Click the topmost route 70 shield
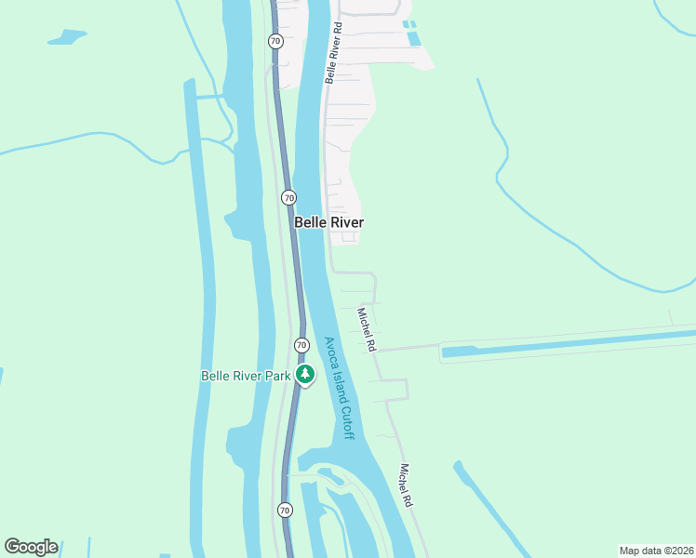pyautogui.click(x=275, y=41)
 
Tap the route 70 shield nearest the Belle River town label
pyautogui.click(x=288, y=197)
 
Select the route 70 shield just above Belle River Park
pyautogui.click(x=301, y=345)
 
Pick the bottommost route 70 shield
pyautogui.click(x=285, y=510)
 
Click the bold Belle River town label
pyautogui.click(x=328, y=222)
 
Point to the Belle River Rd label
pyautogui.click(x=334, y=53)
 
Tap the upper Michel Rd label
pyautogui.click(x=367, y=329)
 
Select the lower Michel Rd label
pyautogui.click(x=406, y=485)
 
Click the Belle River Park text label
pyautogui.click(x=246, y=376)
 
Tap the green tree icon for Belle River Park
pyautogui.click(x=305, y=375)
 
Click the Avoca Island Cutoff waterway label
pyautogui.click(x=339, y=388)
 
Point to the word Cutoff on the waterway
pyautogui.click(x=346, y=420)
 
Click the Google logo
pyautogui.click(x=31, y=547)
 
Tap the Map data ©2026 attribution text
pyautogui.click(x=656, y=550)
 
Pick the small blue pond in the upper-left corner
pyautogui.click(x=66, y=38)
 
